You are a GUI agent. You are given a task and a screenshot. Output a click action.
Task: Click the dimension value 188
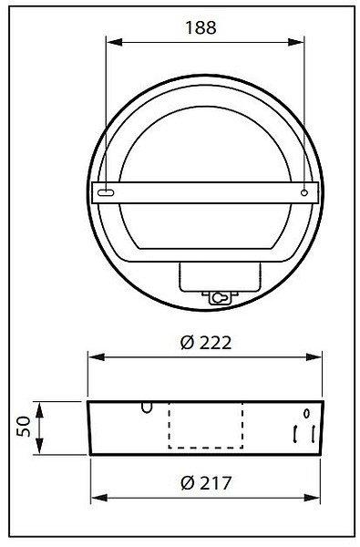click(x=201, y=27)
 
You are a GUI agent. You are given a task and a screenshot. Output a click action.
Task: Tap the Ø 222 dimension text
click(x=206, y=343)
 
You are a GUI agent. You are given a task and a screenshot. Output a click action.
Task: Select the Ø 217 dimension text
click(x=206, y=483)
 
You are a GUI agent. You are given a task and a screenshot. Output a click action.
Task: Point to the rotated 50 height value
click(x=24, y=427)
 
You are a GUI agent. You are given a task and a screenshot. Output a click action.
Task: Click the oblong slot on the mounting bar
click(x=106, y=192)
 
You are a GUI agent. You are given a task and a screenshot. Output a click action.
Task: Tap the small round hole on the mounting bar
click(x=304, y=192)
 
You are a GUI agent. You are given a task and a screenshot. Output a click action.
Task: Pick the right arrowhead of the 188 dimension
click(x=296, y=42)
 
